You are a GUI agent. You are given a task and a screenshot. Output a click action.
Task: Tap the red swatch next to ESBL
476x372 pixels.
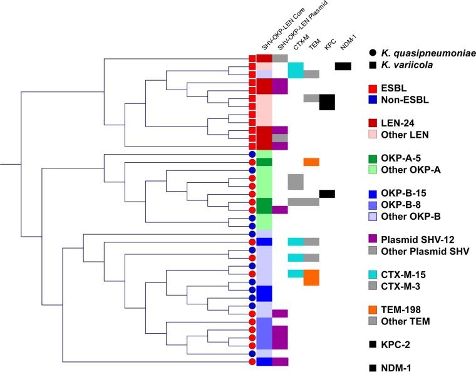[x=374, y=88]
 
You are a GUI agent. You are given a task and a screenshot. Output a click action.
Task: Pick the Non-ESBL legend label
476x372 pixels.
[x=408, y=100]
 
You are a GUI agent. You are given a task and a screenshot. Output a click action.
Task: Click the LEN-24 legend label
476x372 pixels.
[x=404, y=123]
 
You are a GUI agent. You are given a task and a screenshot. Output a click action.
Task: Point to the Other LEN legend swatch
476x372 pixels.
[x=374, y=135]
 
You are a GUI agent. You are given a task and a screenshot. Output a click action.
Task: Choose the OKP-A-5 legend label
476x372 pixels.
[x=407, y=157]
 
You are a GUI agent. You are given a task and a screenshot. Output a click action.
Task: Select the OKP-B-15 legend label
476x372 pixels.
[x=409, y=192]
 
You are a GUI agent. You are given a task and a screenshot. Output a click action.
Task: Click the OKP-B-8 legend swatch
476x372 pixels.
[x=374, y=204]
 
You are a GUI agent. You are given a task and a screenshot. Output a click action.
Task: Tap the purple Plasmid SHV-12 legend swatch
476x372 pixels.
[x=374, y=239]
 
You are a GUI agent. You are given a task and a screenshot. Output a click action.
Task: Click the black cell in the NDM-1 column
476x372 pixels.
[x=343, y=66]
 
